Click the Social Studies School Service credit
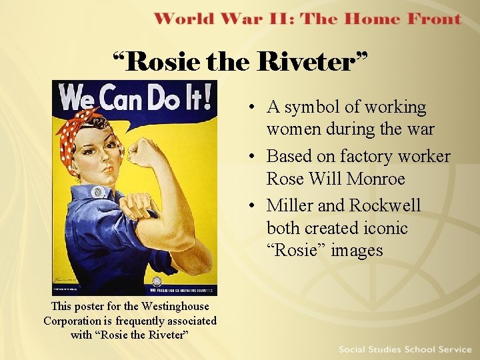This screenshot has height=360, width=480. click(x=405, y=349)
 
